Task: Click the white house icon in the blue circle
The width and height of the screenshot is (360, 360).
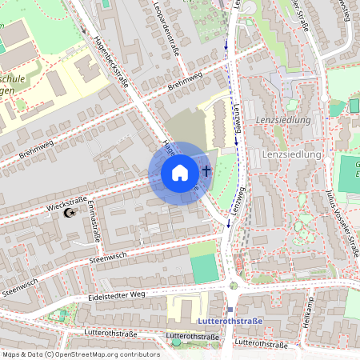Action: pos(180,173)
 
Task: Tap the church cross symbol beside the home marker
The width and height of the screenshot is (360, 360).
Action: pos(206,170)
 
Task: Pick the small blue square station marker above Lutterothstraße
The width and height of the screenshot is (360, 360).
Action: pos(230,310)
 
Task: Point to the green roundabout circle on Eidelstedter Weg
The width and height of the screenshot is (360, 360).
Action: pos(233,285)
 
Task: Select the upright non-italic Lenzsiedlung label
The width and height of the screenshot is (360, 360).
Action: pos(291,154)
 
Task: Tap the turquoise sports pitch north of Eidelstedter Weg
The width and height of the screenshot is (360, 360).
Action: pos(205,270)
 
